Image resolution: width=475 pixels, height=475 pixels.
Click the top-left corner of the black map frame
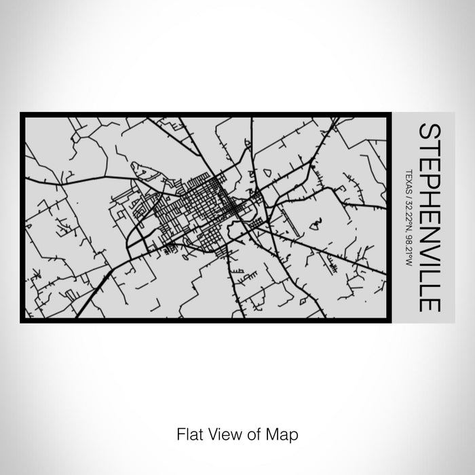22,114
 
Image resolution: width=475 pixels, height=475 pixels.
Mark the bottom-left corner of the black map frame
22,320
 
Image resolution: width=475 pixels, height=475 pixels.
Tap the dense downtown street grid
204,204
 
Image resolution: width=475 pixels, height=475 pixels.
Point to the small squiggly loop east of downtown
316,222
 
